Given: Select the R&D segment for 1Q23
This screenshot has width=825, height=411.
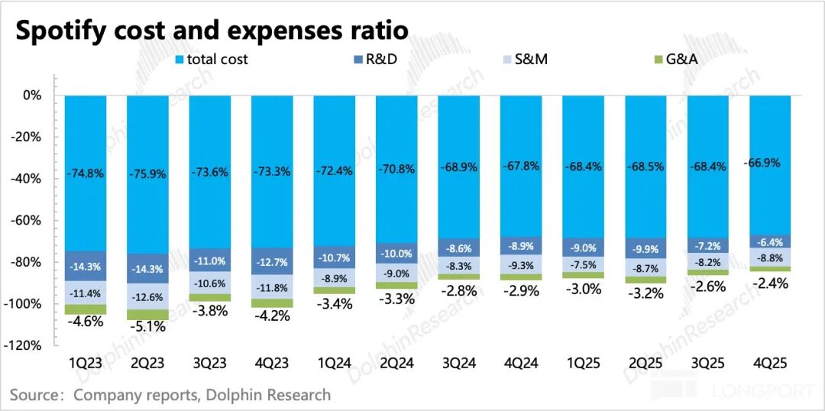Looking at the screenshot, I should (86, 266).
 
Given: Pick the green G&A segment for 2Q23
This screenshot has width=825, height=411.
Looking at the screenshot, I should (147, 315).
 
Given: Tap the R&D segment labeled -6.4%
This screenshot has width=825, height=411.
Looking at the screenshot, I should (770, 241).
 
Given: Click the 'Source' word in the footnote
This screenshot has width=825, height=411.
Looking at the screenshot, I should (34, 395).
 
